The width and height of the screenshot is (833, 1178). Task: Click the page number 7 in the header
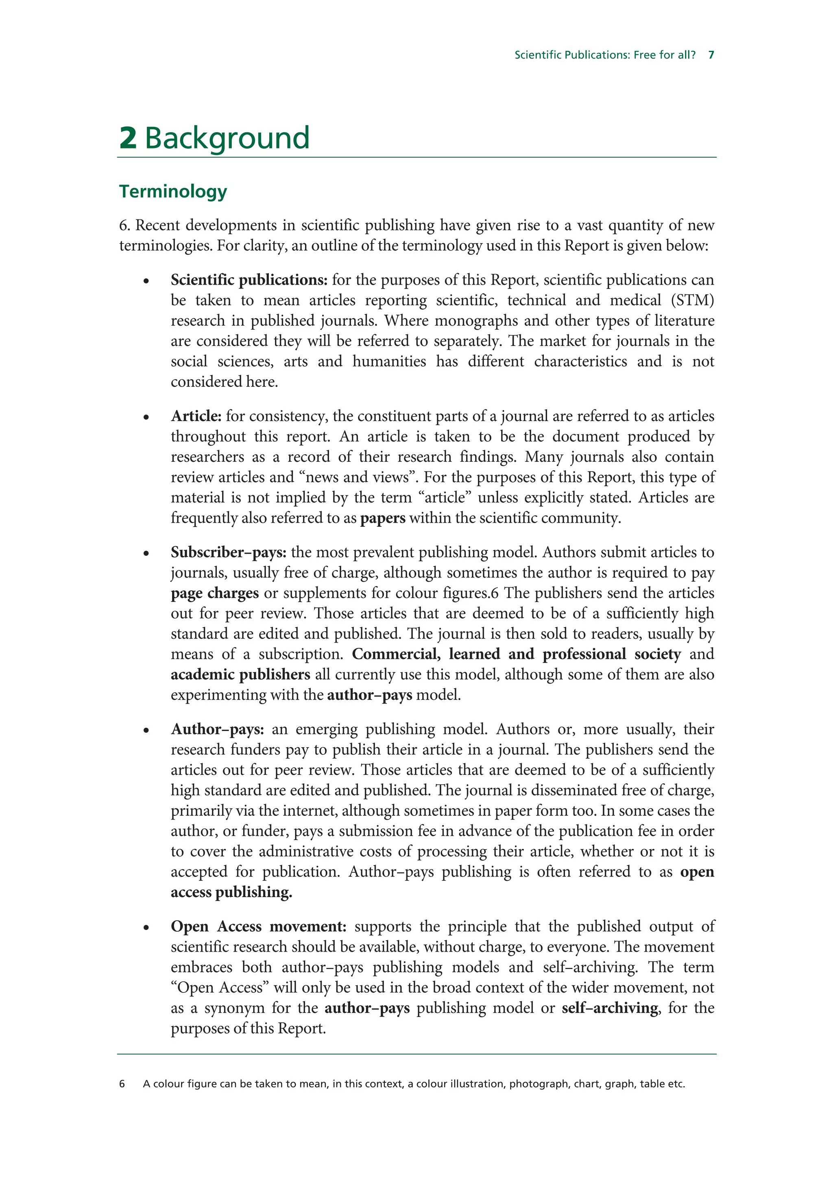[711, 55]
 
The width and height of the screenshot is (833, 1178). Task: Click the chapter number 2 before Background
[128, 138]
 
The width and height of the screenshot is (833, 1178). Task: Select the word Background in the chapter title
[227, 138]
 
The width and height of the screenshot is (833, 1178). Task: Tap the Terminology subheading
[173, 191]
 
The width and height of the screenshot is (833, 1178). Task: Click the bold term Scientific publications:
[249, 280]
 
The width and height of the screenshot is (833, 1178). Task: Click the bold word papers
[382, 518]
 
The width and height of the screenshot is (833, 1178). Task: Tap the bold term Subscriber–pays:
[229, 552]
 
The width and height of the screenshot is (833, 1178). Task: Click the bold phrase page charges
[214, 593]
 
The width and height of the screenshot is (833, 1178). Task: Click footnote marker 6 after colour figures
[495, 593]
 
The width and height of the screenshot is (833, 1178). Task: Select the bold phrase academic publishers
[240, 675]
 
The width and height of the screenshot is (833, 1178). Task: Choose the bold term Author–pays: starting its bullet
[218, 730]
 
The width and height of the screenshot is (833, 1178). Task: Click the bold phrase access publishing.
[231, 893]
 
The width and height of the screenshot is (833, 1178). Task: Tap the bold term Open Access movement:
[259, 927]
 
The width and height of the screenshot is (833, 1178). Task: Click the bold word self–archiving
[610, 1008]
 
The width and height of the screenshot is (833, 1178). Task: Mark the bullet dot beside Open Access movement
[146, 928]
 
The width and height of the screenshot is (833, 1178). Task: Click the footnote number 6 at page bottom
[122, 1084]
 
